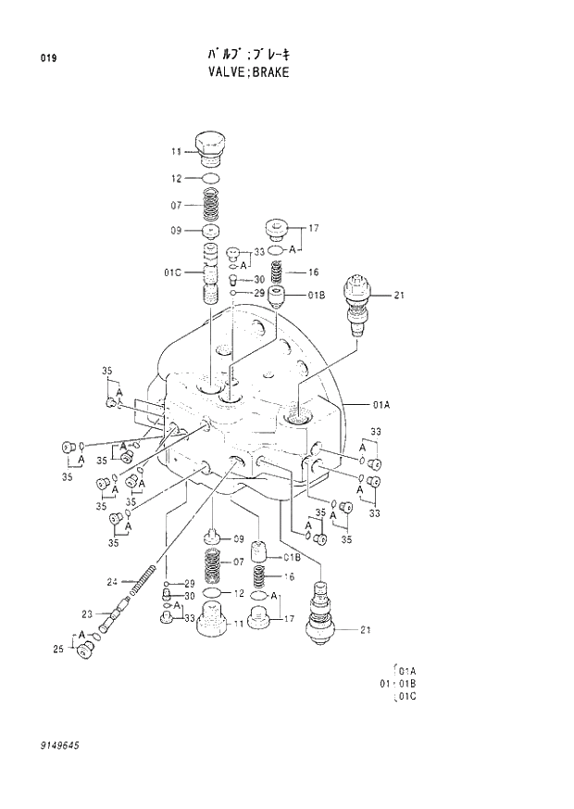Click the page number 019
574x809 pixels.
pyautogui.click(x=48, y=58)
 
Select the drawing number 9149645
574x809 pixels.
pyautogui.click(x=59, y=744)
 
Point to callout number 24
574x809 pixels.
pyautogui.click(x=112, y=582)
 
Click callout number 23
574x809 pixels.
pyautogui.click(x=87, y=613)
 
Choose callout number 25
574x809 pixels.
pyautogui.click(x=57, y=650)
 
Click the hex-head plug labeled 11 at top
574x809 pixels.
pyautogui.click(x=211, y=147)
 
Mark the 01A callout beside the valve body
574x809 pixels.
pyautogui.click(x=381, y=404)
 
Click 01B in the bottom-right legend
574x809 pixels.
pyautogui.click(x=407, y=684)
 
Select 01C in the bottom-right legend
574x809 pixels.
pyautogui.click(x=407, y=696)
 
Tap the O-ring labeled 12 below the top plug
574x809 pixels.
pyautogui.click(x=211, y=178)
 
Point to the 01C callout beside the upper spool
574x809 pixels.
pyautogui.click(x=173, y=272)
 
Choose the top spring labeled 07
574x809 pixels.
pyautogui.click(x=211, y=204)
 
